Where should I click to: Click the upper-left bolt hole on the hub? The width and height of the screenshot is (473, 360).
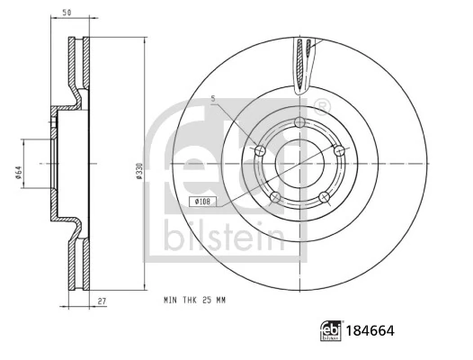(x=261, y=150)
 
